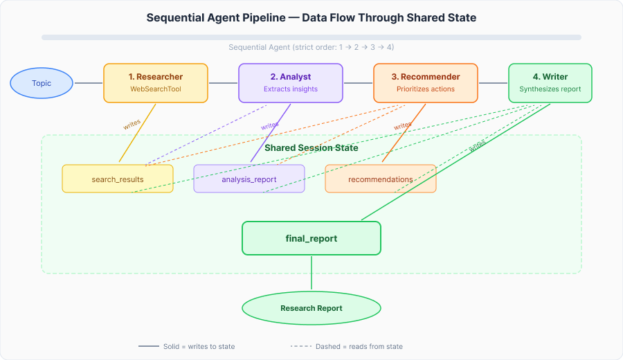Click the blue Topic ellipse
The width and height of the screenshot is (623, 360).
pos(42,84)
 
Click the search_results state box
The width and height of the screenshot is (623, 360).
pos(118,179)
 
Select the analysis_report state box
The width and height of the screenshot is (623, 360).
pos(249,179)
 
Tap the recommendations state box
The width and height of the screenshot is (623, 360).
pos(381,179)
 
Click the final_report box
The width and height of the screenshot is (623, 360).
pos(311,238)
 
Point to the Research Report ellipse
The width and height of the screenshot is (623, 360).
pos(311,308)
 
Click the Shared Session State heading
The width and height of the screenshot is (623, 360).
pos(311,147)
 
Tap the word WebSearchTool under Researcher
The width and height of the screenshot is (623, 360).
pos(155,89)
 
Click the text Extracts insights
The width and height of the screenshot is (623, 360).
pos(291,89)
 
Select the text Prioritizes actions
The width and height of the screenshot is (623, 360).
pos(426,89)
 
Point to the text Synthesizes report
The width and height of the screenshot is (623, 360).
pos(550,89)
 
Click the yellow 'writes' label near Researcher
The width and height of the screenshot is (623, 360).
pos(132,124)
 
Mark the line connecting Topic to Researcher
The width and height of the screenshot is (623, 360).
pos(88,84)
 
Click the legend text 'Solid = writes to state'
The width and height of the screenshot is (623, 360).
pos(201,346)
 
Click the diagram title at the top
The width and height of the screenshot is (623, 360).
pos(311,18)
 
